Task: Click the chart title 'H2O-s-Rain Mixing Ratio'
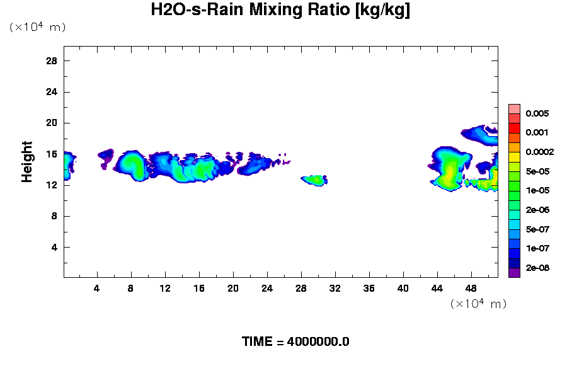coord(280,11)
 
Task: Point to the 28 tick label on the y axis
coord(52,60)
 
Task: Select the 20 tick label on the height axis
coord(52,123)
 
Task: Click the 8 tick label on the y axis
coord(54,216)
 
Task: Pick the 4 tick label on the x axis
coord(97,288)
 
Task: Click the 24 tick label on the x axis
coord(267,288)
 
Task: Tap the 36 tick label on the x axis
coord(369,288)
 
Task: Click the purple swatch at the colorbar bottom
coord(514,272)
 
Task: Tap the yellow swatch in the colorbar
coord(514,156)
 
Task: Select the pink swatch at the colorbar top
coord(514,108)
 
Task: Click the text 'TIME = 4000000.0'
coord(295,342)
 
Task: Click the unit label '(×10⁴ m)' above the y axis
coord(37,27)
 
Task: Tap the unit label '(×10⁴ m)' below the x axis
coord(478,304)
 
